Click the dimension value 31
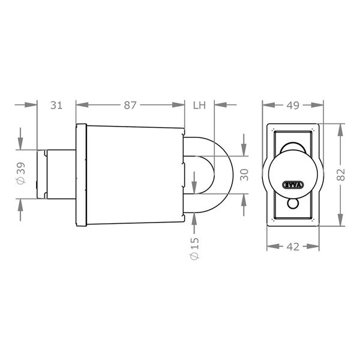(56, 105)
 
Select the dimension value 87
(130, 105)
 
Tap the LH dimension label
(199, 105)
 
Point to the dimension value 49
(292, 106)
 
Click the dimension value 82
(341, 175)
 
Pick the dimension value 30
(243, 174)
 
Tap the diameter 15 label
(194, 248)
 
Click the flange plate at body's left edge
(81, 174)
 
